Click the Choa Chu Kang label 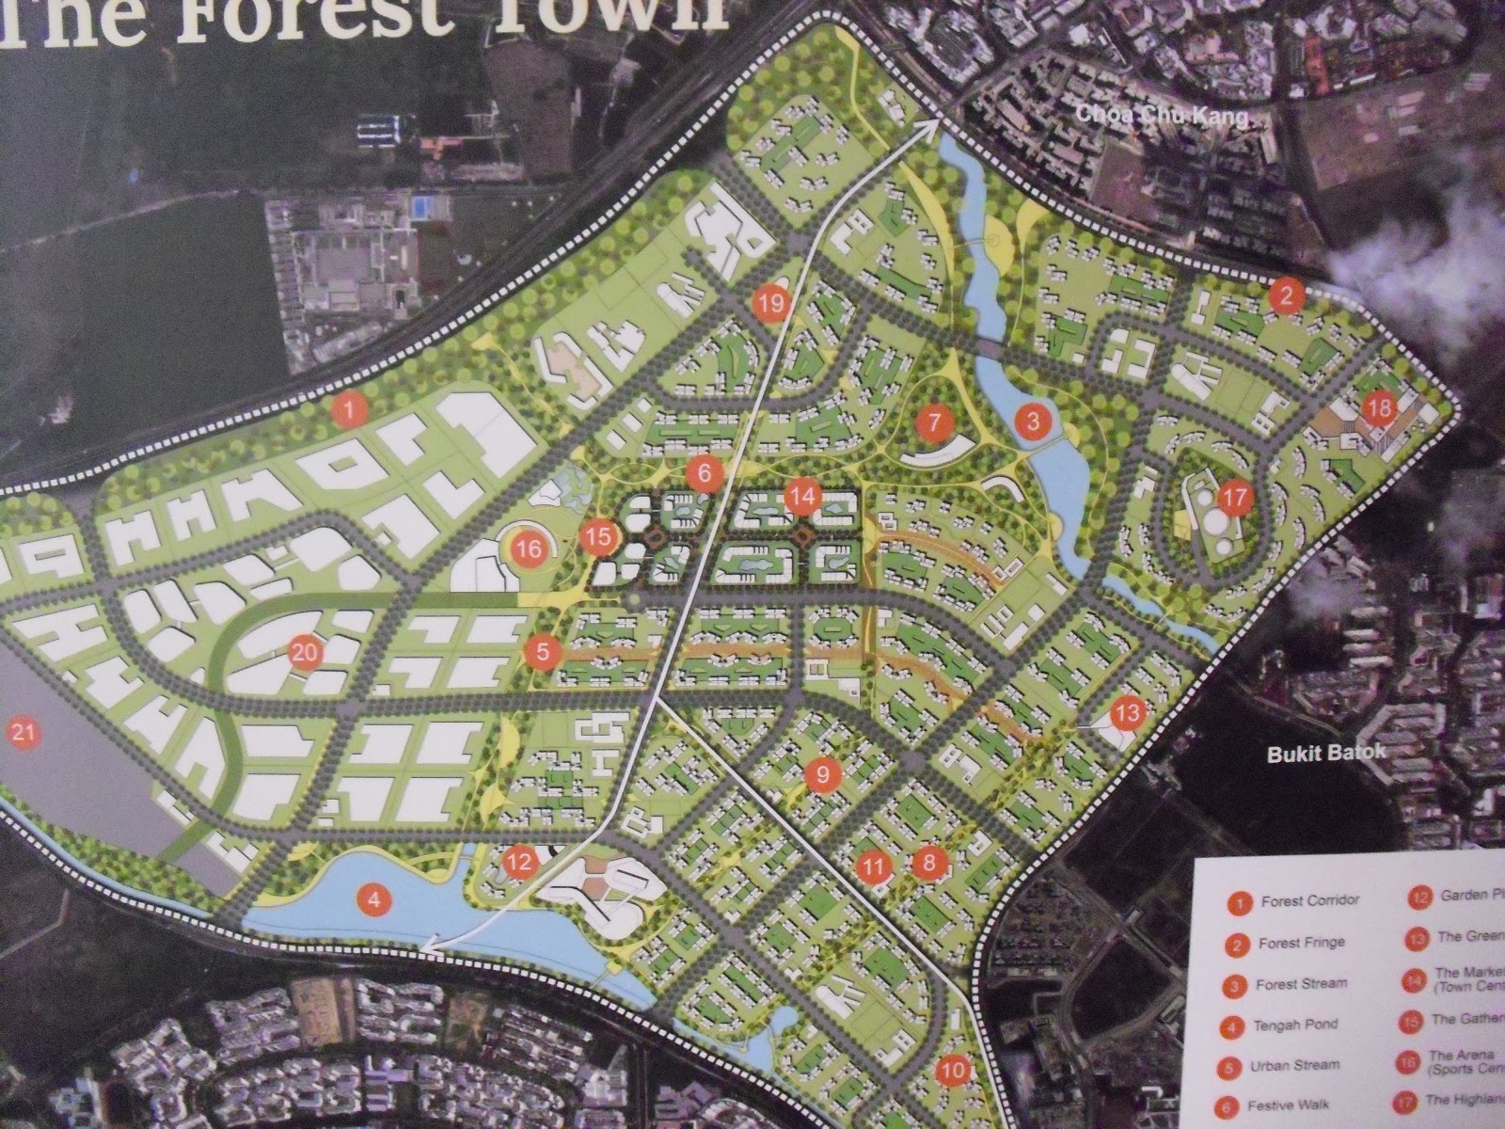pyautogui.click(x=1164, y=117)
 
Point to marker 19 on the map pyautogui.click(x=770, y=303)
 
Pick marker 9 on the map pyautogui.click(x=822, y=775)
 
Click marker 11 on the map pyautogui.click(x=874, y=866)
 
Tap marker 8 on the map pyautogui.click(x=929, y=860)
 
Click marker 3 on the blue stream pyautogui.click(x=1032, y=421)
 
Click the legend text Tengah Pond pyautogui.click(x=1296, y=1025)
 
